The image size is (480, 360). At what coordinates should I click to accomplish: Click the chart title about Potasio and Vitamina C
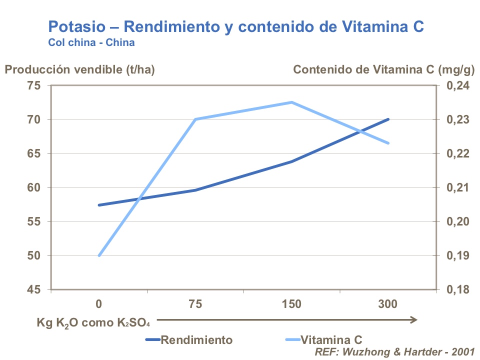(x=236, y=26)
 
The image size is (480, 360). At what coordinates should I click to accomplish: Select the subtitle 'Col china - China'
(x=91, y=42)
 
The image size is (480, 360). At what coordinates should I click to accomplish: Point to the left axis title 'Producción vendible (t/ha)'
(x=80, y=69)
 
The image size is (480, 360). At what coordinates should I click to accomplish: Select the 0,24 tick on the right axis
(x=456, y=85)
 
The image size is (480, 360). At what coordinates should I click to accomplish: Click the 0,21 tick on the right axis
(x=456, y=187)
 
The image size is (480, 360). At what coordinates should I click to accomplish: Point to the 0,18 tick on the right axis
(x=456, y=289)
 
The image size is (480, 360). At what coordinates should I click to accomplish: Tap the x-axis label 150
(x=292, y=304)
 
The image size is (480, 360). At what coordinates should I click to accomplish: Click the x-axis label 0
(x=99, y=304)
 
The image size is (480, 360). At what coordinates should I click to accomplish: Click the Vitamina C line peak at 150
(x=292, y=102)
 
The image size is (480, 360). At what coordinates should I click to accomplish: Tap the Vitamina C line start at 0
(x=99, y=255)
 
